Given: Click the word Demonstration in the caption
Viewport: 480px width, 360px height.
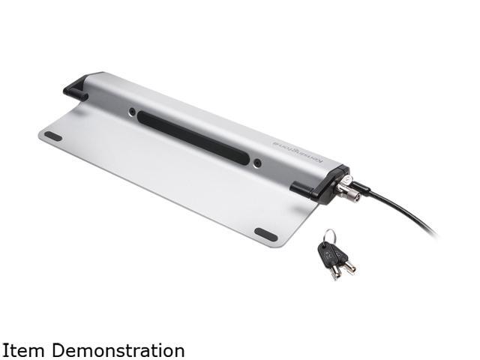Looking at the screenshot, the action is pyautogui.click(x=119, y=350).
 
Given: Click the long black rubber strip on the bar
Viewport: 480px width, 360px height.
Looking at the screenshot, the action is pyautogui.click(x=193, y=138).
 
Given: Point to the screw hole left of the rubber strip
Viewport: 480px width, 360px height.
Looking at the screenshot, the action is pyautogui.click(x=132, y=112).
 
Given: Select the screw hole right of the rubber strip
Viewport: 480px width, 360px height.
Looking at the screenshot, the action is pyautogui.click(x=258, y=163).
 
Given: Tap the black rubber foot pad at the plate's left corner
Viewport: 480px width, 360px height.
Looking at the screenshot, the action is pyautogui.click(x=53, y=136).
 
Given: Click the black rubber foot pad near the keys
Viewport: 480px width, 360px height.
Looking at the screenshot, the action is pyautogui.click(x=266, y=235).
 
